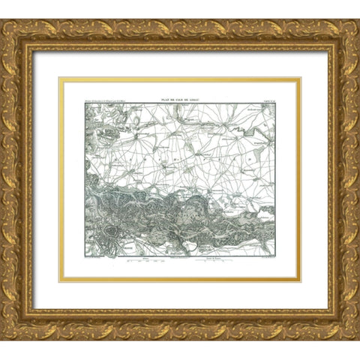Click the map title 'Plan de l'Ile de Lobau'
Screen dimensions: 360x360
click(x=180, y=97)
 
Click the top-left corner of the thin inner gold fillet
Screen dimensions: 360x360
click(x=61, y=78)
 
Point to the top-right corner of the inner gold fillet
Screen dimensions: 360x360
click(x=300, y=78)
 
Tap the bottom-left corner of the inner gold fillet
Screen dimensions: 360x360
click(x=61, y=281)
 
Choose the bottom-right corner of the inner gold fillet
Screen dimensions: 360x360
click(x=300, y=281)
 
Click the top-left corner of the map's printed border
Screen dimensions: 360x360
click(x=85, y=103)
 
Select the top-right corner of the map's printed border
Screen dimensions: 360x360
click(x=275, y=103)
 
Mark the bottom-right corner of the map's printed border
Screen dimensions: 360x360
click(x=275, y=256)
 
